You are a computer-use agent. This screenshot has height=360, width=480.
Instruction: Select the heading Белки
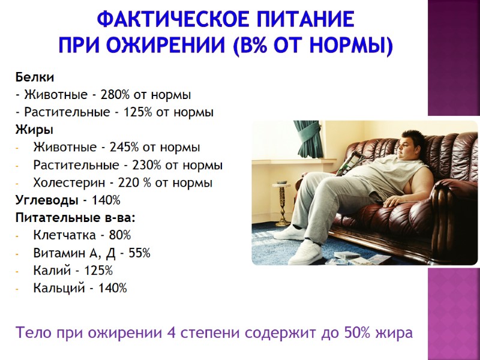point(35,77)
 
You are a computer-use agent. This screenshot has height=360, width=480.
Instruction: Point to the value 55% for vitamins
point(139,253)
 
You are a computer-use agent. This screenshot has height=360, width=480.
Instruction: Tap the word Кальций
point(57,288)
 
